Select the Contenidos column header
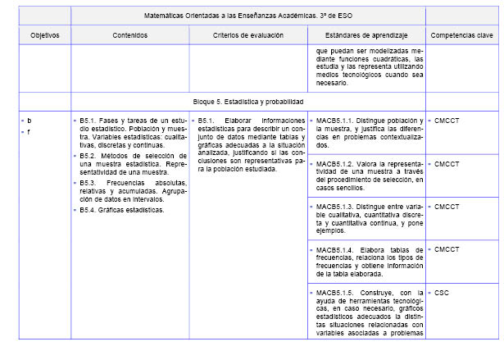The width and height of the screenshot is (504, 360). coord(130,35)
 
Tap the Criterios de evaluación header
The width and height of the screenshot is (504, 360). coord(247,35)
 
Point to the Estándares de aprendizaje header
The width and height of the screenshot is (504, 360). coord(366,35)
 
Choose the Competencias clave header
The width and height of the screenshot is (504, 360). coord(461,35)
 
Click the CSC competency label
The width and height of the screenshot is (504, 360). coord(442,292)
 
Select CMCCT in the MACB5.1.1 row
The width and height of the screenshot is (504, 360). coord(447,120)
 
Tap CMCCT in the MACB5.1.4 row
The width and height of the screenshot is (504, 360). coord(447,249)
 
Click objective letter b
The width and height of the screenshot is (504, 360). coord(30,120)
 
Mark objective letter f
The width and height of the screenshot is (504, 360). coord(29,131)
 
